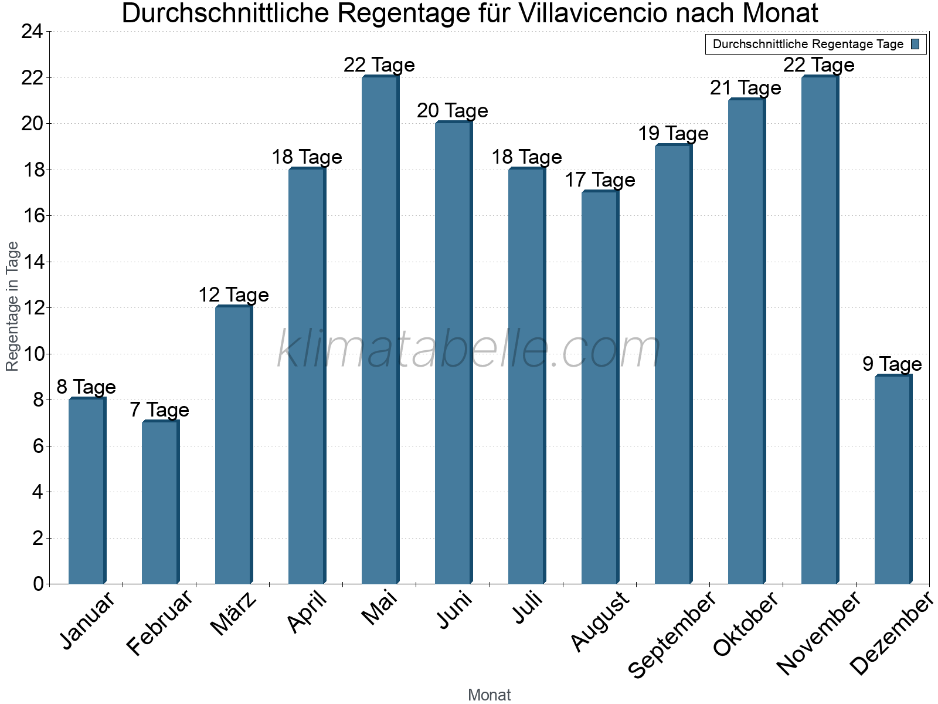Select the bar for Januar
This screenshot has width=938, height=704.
[x=87, y=491]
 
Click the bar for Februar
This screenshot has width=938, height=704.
[x=160, y=503]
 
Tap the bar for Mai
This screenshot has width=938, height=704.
[x=380, y=330]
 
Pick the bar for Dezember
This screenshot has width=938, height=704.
[x=893, y=480]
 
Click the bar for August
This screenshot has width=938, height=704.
[x=600, y=387]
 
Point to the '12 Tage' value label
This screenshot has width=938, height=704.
[x=233, y=295]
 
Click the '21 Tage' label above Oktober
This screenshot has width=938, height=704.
[x=746, y=88]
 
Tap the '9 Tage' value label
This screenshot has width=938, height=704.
[x=892, y=364]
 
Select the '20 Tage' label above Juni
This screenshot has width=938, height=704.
[x=453, y=111]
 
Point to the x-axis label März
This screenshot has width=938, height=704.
[x=234, y=614]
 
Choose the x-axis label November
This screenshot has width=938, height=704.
[x=819, y=633]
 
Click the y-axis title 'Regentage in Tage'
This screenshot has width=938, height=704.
[x=12, y=306]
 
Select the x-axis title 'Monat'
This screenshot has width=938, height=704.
[x=489, y=695]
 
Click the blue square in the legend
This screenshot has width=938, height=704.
[x=915, y=44]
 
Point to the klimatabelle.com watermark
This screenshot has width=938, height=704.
[x=469, y=350]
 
